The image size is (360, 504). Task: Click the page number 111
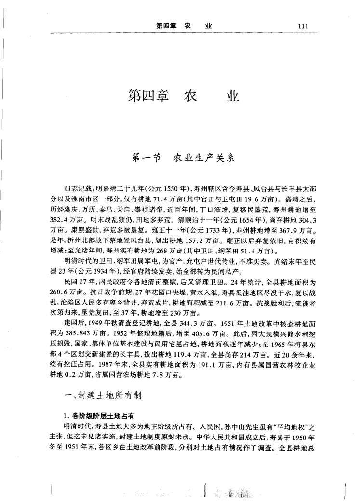tap(303, 27)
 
